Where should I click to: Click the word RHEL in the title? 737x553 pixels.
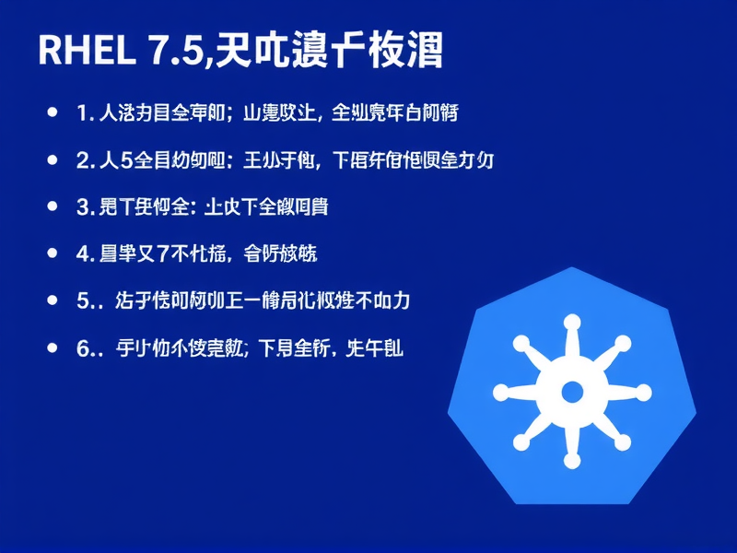tap(85, 51)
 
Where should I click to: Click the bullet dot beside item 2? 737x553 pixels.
tap(52, 159)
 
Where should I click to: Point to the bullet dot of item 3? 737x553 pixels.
tap(52, 206)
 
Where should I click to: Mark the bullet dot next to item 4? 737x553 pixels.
tap(52, 253)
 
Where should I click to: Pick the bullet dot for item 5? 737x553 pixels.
tap(52, 300)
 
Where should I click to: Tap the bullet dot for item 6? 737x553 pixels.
tap(52, 347)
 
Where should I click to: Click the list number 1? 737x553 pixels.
tap(82, 113)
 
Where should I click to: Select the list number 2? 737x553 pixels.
tap(82, 160)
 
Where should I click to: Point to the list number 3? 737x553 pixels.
tap(82, 207)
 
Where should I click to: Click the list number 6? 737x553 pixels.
tap(82, 348)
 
